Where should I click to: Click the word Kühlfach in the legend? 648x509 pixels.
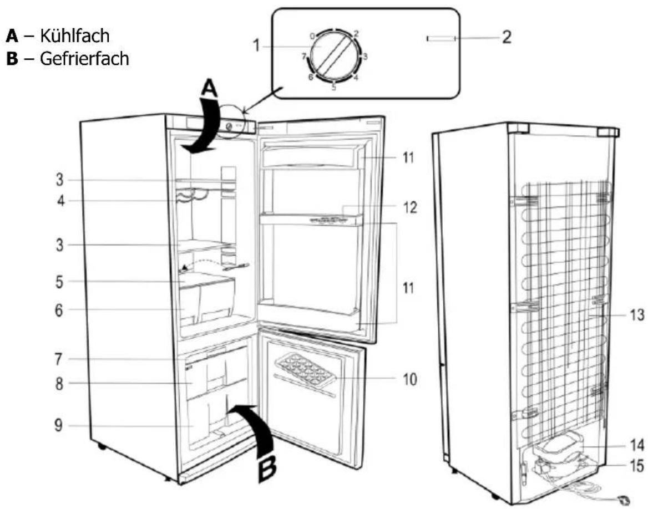pos(75,35)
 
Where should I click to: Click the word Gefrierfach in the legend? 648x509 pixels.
pos(84,59)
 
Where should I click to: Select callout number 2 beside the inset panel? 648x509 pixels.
pos(506,37)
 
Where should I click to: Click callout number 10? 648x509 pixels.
pos(409,379)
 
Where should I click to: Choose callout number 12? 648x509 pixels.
pos(410,207)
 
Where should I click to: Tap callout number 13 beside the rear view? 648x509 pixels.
pos(636,315)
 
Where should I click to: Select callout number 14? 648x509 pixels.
pos(637,445)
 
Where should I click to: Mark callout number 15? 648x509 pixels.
pos(637,466)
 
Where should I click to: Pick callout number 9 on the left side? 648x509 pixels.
pos(59,425)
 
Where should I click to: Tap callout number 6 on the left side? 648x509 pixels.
pos(59,310)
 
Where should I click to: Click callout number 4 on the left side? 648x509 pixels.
pos(61,201)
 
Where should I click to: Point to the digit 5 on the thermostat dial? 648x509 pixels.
pos(333,87)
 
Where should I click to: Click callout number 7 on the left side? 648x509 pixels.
pos(59,359)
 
